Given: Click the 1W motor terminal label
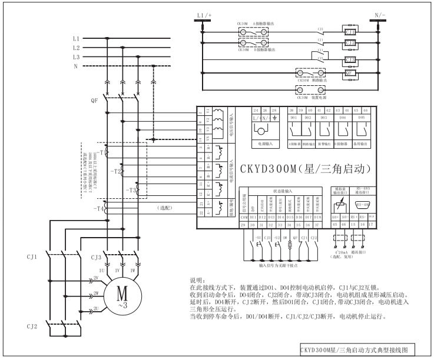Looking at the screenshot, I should [138, 270].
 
